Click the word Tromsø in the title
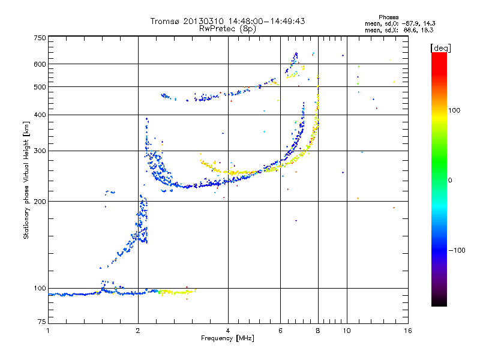166,21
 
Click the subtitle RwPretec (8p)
227,29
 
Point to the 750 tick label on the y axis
40,38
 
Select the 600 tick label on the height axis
40,64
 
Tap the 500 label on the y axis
40,87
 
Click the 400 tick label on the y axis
40,115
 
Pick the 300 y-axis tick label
40,151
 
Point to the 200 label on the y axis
40,202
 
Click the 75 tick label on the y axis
42,322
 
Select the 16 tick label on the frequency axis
408,331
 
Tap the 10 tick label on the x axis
347,331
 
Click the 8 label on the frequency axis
318,331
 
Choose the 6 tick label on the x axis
280,331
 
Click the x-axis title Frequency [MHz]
227,338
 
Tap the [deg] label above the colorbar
440,49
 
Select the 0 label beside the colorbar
450,181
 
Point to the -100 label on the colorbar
457,250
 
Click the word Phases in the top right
388,17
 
